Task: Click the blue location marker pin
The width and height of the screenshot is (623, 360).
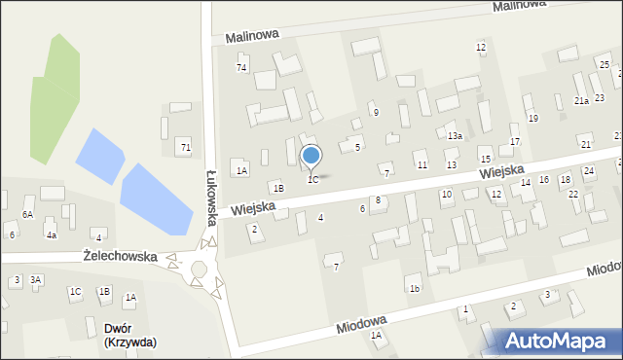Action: [x=311, y=156]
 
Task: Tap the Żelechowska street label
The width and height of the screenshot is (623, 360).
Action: [x=121, y=256]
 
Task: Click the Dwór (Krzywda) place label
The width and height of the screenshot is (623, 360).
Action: [x=129, y=336]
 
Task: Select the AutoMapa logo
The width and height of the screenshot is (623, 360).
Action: [x=560, y=341]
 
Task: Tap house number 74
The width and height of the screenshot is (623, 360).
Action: [x=241, y=67]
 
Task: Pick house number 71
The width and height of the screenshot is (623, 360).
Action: [x=185, y=146]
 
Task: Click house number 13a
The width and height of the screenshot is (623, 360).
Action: [x=455, y=136]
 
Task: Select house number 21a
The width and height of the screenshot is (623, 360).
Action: [x=581, y=101]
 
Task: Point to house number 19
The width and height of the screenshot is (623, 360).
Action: [x=532, y=118]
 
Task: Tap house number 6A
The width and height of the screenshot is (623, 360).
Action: [x=28, y=214]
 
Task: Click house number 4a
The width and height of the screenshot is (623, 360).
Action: [x=52, y=234]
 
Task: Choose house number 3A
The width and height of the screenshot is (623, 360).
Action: [x=36, y=280]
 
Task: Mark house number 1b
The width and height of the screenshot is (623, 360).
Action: [x=415, y=288]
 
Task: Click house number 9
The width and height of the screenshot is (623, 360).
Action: [x=376, y=113]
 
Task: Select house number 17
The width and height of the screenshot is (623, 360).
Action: [x=515, y=142]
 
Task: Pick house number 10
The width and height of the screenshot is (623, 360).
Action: [x=446, y=195]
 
